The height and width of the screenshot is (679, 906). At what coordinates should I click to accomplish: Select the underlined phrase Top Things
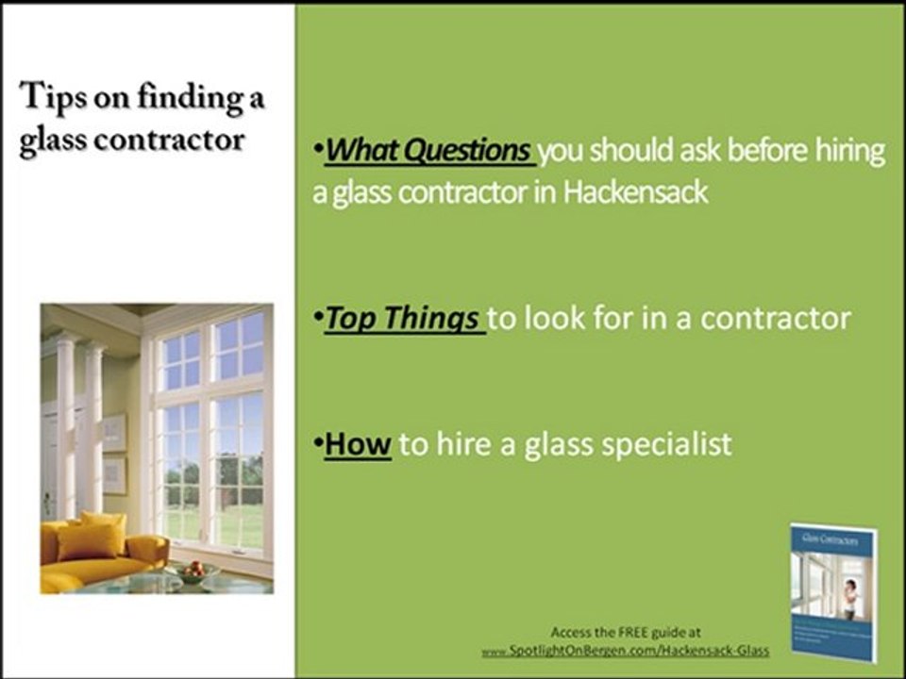[x=401, y=319]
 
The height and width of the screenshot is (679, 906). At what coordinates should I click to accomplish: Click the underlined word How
[x=358, y=444]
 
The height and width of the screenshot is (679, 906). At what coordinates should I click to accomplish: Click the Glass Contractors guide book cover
[x=833, y=589]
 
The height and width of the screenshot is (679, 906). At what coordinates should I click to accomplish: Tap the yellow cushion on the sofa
[x=89, y=537]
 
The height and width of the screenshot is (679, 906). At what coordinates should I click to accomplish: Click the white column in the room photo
[x=65, y=415]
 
